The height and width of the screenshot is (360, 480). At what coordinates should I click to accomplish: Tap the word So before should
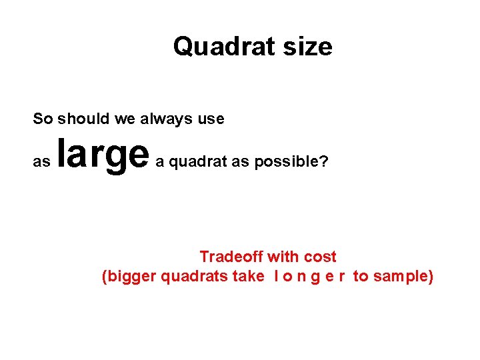click(x=43, y=119)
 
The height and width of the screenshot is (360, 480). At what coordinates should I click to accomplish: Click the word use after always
click(x=211, y=119)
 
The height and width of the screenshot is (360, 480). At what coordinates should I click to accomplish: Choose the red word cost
click(x=320, y=257)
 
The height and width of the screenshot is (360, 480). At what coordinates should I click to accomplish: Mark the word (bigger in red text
click(x=129, y=276)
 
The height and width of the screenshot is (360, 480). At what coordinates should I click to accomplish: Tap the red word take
click(x=249, y=276)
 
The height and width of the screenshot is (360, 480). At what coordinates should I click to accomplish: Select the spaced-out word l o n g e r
click(x=309, y=276)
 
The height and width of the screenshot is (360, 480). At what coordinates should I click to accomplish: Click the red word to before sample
click(x=361, y=276)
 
